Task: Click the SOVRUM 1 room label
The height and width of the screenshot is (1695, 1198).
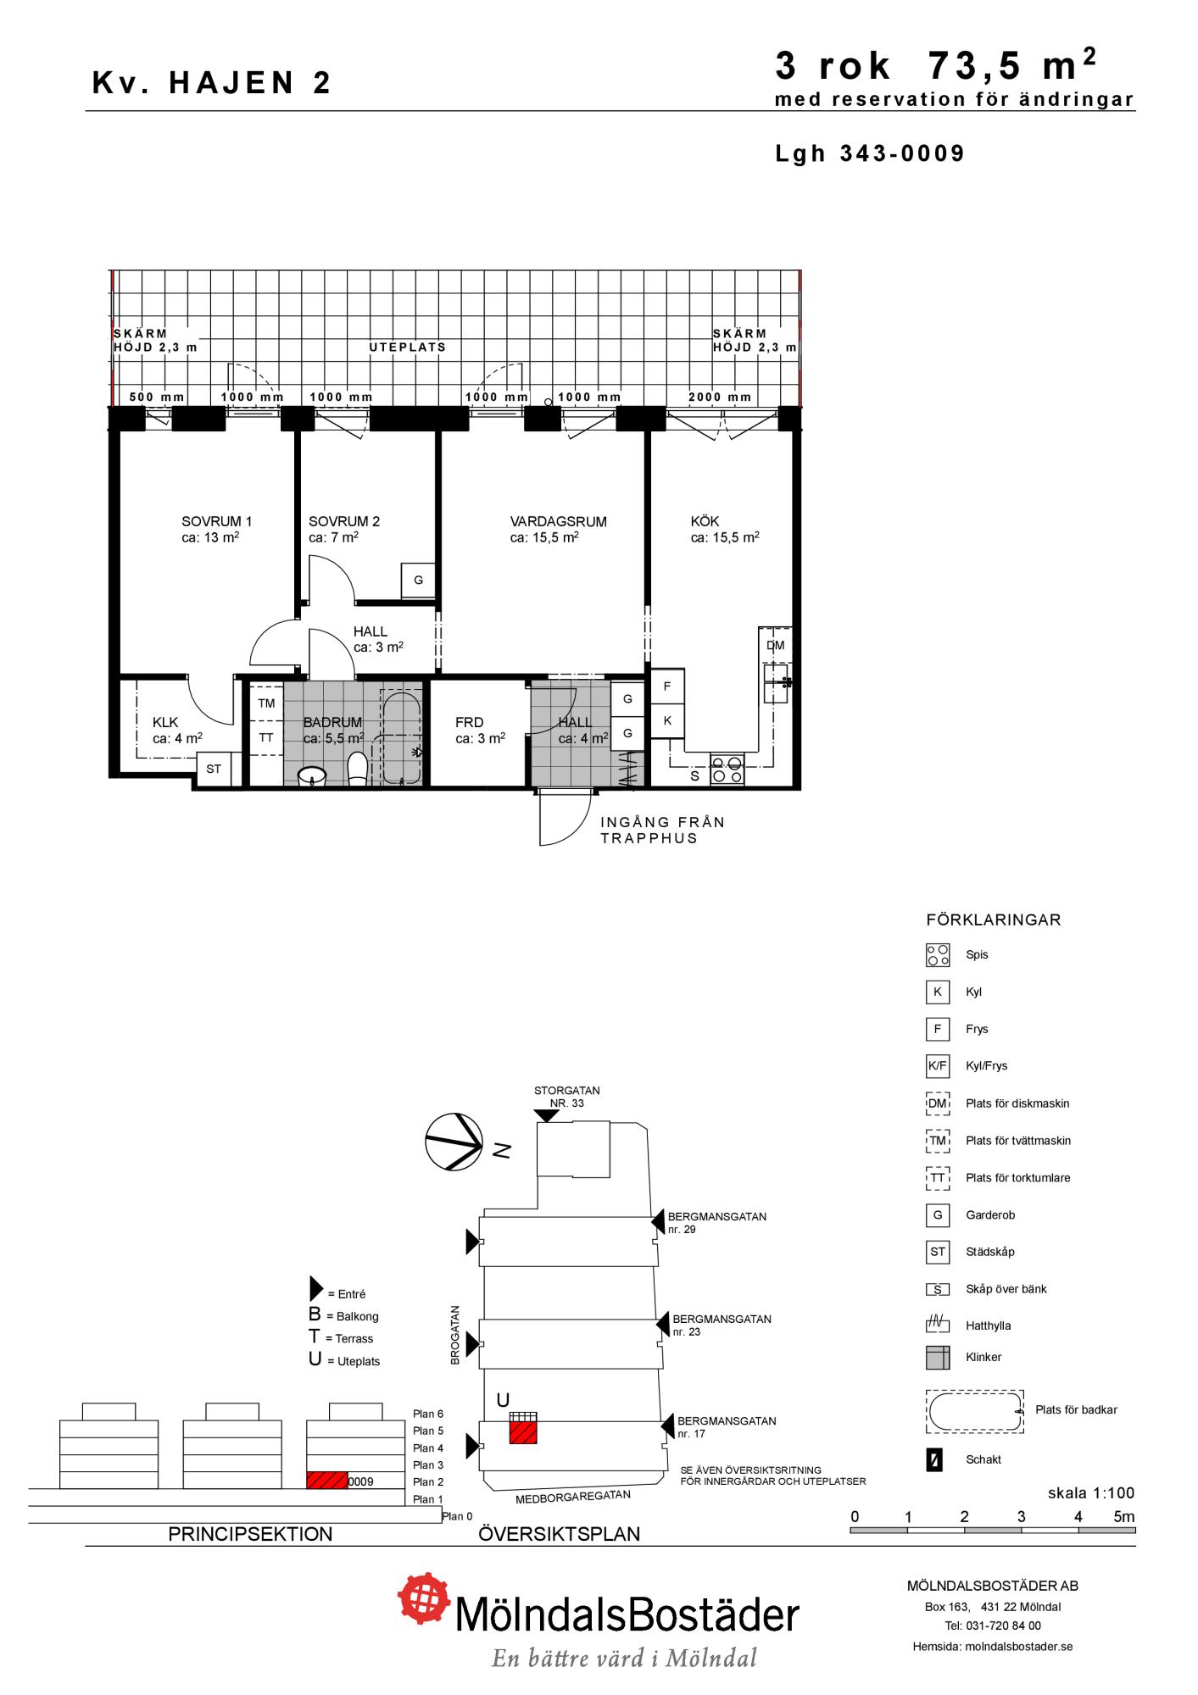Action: (x=217, y=522)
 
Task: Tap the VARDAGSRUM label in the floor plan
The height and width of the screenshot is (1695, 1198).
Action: (x=559, y=522)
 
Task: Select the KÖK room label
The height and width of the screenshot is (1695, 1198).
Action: (x=705, y=522)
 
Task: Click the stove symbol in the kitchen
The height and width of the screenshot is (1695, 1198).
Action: (x=727, y=770)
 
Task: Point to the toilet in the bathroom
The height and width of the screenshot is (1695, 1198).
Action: (x=358, y=769)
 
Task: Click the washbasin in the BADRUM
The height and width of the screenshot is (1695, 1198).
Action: (x=313, y=775)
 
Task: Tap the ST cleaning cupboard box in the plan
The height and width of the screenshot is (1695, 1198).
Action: (x=214, y=770)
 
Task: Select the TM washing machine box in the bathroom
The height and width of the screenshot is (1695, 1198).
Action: (x=266, y=703)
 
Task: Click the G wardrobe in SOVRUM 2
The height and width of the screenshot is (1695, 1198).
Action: (x=418, y=581)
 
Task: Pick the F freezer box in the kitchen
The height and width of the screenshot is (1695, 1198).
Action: (x=667, y=686)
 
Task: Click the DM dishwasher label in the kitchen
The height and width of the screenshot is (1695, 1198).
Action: (x=776, y=646)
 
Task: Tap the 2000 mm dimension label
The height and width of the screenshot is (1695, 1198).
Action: (x=720, y=397)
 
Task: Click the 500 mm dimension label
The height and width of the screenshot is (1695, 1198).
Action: (x=157, y=397)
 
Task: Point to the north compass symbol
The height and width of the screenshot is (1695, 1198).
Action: (x=454, y=1142)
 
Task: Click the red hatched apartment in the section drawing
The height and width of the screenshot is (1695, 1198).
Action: (x=327, y=1481)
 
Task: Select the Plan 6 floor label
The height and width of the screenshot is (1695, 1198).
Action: (x=428, y=1414)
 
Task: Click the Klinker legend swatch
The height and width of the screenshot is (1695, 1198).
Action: (x=938, y=1358)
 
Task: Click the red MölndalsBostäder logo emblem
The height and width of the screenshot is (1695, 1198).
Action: (x=425, y=1600)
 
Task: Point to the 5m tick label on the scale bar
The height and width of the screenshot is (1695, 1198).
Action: (x=1123, y=1517)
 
